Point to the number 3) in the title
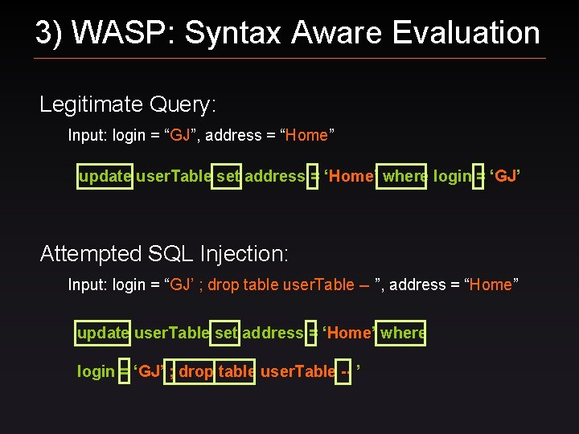[49, 33]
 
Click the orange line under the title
[289, 58]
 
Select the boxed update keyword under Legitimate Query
[105, 176]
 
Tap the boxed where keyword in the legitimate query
[404, 176]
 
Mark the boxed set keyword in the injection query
[226, 333]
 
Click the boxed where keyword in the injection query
[402, 333]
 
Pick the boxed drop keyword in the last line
[195, 371]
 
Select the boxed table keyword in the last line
[236, 371]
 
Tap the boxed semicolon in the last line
[170, 371]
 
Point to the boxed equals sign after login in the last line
[124, 371]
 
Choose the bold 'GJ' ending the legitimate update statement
[506, 176]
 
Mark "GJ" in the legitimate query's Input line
[180, 135]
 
